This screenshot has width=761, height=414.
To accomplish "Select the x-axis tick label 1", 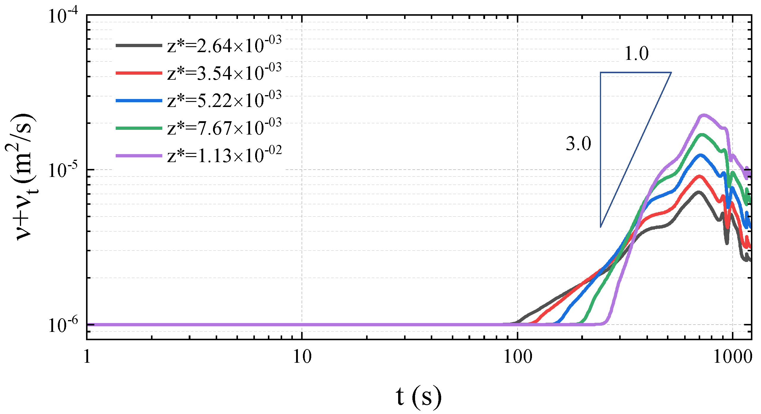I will [x=87, y=357].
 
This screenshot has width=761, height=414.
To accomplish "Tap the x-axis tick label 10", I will [x=302, y=357].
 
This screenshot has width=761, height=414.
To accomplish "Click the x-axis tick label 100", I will [x=518, y=357].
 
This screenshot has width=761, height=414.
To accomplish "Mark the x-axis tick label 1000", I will [x=732, y=357].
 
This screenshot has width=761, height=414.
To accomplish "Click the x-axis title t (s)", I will [x=418, y=397].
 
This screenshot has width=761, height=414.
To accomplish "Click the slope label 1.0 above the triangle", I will [x=636, y=54].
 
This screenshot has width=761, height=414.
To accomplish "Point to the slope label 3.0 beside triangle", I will [x=578, y=144].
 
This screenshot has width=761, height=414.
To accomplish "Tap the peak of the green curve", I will [x=701, y=135].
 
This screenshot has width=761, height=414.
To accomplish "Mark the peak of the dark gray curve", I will [x=698, y=192].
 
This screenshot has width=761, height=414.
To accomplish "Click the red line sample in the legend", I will [x=139, y=73].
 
